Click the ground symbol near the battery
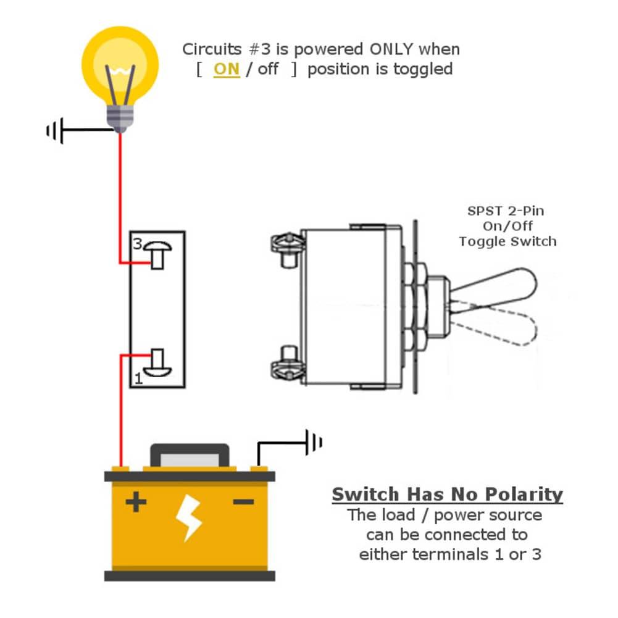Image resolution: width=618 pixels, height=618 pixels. click(314, 442)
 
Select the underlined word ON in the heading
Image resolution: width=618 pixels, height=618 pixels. click(226, 69)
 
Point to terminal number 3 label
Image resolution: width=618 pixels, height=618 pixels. click(137, 243)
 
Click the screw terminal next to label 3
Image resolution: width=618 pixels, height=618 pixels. click(157, 254)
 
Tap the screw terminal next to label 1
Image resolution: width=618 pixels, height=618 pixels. click(157, 362)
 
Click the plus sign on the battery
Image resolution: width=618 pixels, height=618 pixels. click(135, 503)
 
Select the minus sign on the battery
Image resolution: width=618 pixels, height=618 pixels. click(243, 503)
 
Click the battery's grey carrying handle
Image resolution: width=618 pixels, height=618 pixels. click(190, 455)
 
